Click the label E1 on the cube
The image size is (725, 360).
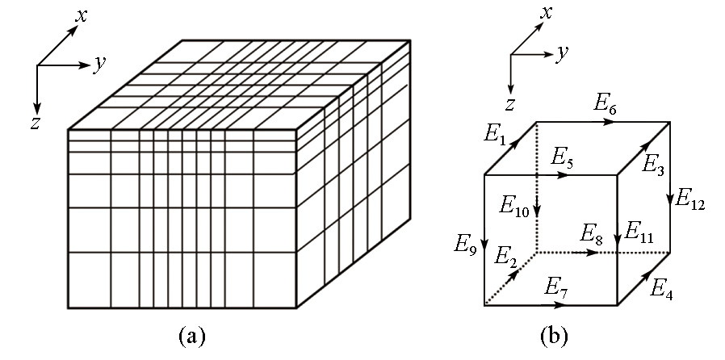(495, 134)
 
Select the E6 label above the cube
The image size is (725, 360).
(606, 103)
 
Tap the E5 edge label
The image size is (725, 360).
(562, 157)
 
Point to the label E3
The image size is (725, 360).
(653, 165)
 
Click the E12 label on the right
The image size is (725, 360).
(690, 199)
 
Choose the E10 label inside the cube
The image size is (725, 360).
(513, 206)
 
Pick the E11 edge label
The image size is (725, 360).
(639, 232)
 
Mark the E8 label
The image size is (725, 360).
(592, 234)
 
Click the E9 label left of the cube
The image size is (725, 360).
(465, 243)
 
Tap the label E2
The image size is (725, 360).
(505, 257)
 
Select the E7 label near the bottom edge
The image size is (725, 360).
(555, 286)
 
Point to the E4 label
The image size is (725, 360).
(661, 288)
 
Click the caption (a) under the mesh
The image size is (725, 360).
(191, 335)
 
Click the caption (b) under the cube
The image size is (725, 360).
(554, 335)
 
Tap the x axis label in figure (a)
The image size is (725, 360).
(81, 15)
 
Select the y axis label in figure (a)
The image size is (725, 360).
(99, 63)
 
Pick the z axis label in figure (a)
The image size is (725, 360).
(35, 123)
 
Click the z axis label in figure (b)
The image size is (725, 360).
(509, 103)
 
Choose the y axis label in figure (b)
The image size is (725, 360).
(562, 52)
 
